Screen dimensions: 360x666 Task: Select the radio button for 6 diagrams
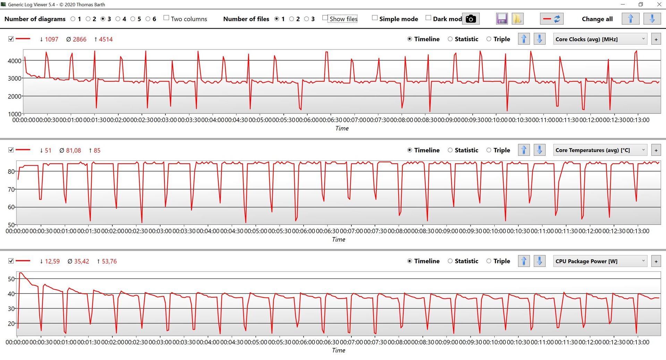coord(148,19)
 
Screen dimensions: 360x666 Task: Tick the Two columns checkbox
coord(166,18)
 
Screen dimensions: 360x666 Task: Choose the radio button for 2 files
coord(292,19)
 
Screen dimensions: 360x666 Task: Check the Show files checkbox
coord(325,18)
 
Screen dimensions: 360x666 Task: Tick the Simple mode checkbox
coord(375,18)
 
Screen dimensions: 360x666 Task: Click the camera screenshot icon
coord(471,19)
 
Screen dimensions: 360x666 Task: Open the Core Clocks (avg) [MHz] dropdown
coord(600,39)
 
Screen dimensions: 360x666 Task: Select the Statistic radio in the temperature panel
coord(450,150)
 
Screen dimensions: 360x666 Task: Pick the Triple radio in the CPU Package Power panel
coord(489,261)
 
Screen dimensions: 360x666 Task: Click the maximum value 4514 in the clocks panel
coord(106,39)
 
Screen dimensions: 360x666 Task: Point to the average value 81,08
coord(73,150)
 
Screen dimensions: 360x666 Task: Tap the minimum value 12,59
coord(52,261)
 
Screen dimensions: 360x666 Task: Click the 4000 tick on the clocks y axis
coord(15,61)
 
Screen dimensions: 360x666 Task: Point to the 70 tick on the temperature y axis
coord(11,190)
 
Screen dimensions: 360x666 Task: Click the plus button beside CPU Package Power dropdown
coord(656,261)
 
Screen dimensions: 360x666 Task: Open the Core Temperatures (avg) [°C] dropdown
coord(600,150)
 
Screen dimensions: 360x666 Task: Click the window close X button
coord(659,5)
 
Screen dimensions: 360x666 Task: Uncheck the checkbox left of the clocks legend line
coord(11,39)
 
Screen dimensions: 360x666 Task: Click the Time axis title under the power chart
coord(339,350)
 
